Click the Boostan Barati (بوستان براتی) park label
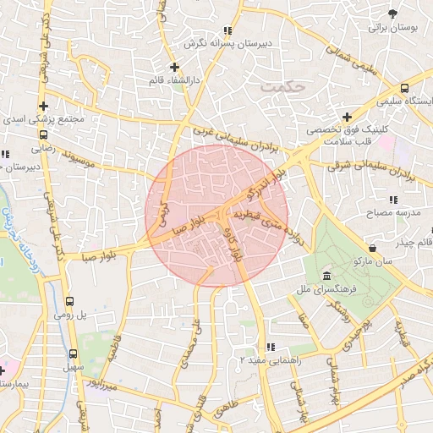[393, 28]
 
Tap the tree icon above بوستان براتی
[393, 14]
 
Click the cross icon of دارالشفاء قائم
[174, 67]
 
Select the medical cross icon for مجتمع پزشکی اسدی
[43, 107]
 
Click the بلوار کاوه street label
[235, 244]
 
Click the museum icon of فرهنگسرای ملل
[326, 277]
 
